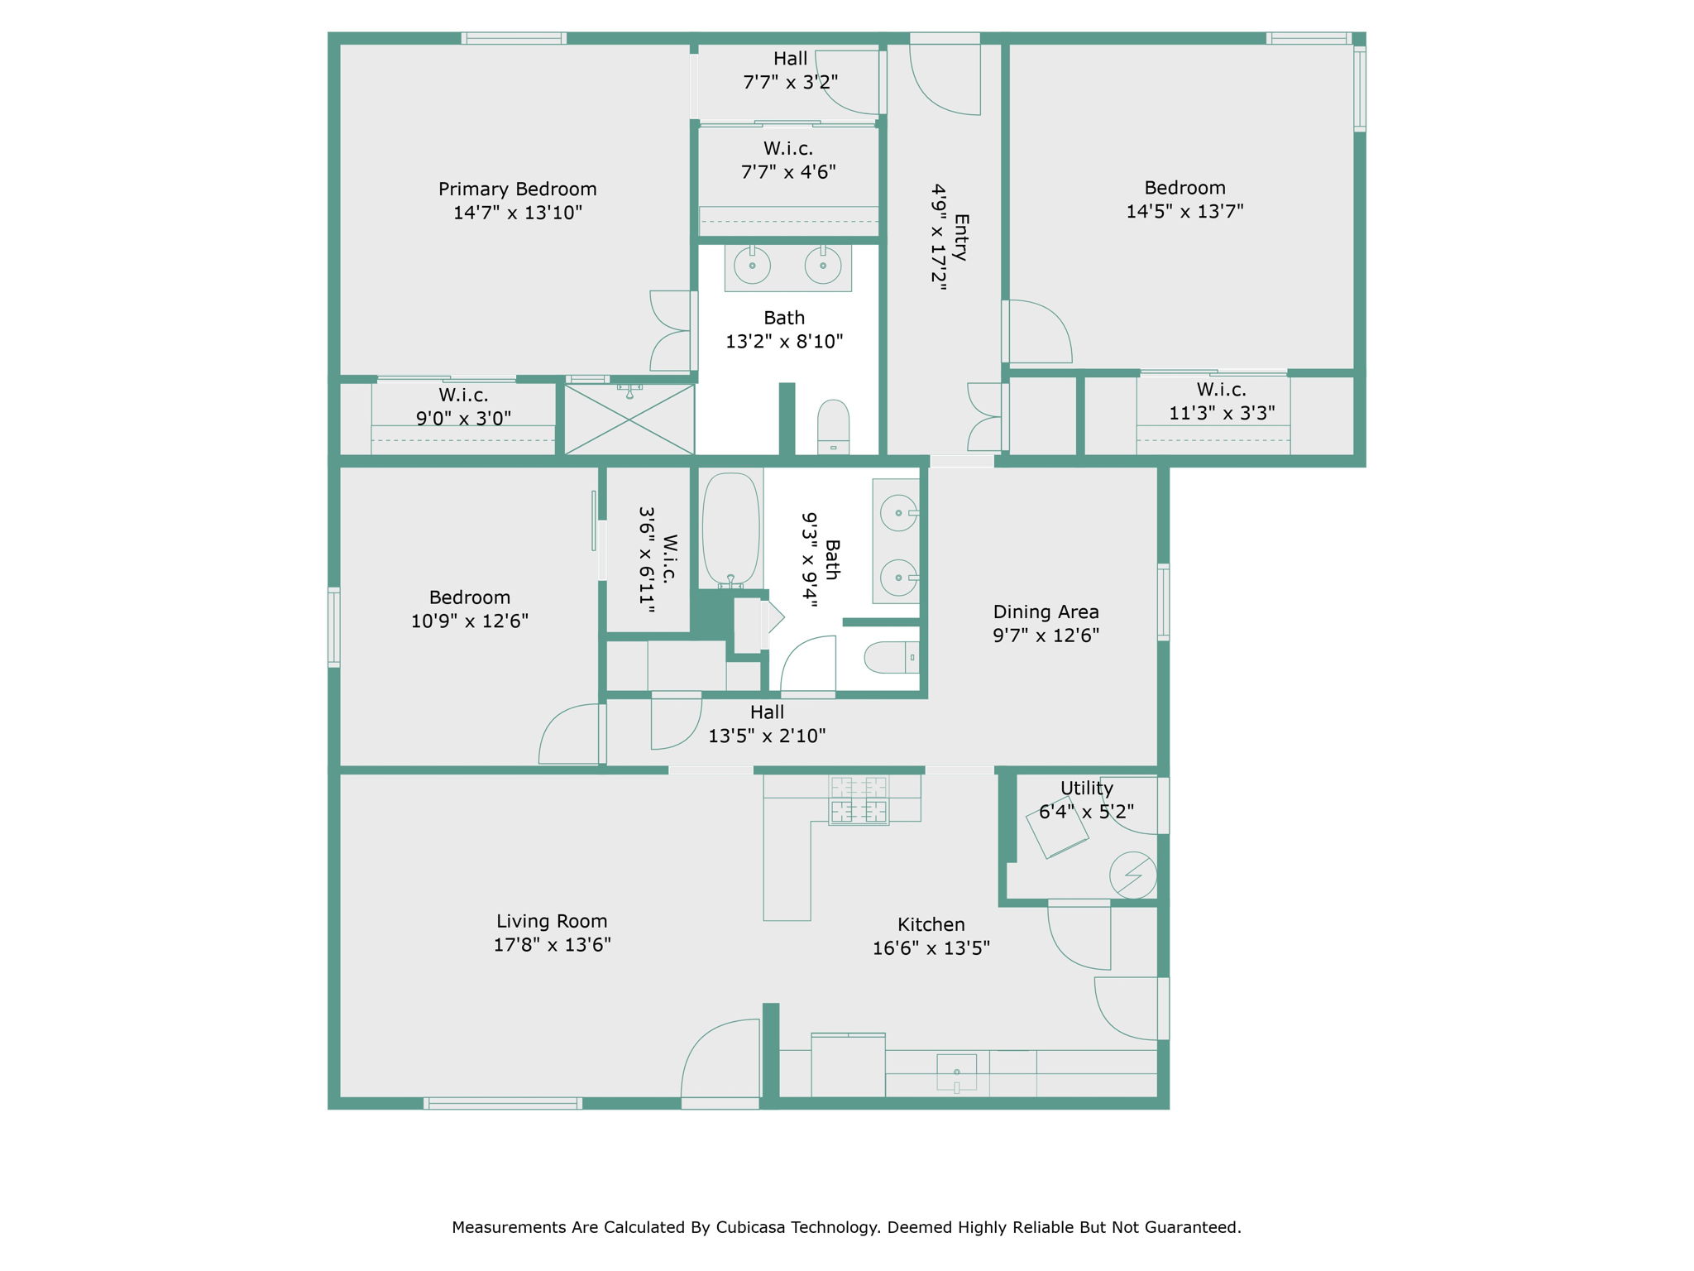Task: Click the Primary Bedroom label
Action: coord(517,189)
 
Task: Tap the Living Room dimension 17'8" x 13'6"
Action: coord(552,944)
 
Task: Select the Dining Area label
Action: coord(1046,612)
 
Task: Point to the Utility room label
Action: coord(1086,789)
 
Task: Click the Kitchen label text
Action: coord(931,924)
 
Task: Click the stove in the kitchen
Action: coord(859,800)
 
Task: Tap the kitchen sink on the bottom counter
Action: coord(956,1072)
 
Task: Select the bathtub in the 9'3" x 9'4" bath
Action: coord(730,530)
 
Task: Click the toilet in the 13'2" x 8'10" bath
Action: coord(833,426)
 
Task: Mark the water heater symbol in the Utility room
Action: coord(1132,875)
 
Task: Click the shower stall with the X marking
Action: coord(629,420)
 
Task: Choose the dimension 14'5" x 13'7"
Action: coord(1184,211)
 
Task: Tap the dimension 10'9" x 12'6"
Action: coord(469,621)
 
